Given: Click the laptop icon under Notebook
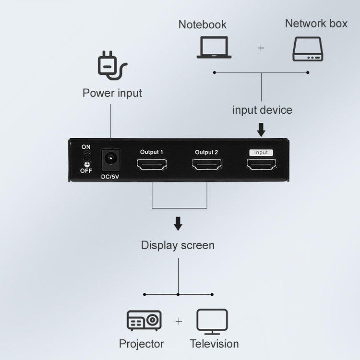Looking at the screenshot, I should pos(214,47).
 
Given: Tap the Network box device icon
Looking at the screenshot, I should pos(308,49).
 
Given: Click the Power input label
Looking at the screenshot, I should pos(112,93).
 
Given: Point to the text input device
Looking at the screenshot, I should pos(262,110).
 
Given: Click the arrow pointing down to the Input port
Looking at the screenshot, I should pos(261,129).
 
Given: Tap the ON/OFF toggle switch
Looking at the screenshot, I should pos(86,159).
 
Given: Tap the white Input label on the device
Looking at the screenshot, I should pos(261,152).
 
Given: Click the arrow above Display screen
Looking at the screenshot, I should pos(178,223).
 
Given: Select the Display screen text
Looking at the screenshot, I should pos(178,245).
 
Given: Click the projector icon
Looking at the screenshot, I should pos(144,321).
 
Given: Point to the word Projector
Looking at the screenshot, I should pos(142,344).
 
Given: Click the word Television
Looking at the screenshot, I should pos(214,344).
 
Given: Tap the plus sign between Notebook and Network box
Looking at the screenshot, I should pos(261,48).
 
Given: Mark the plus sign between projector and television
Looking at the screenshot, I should pos(179,322).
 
